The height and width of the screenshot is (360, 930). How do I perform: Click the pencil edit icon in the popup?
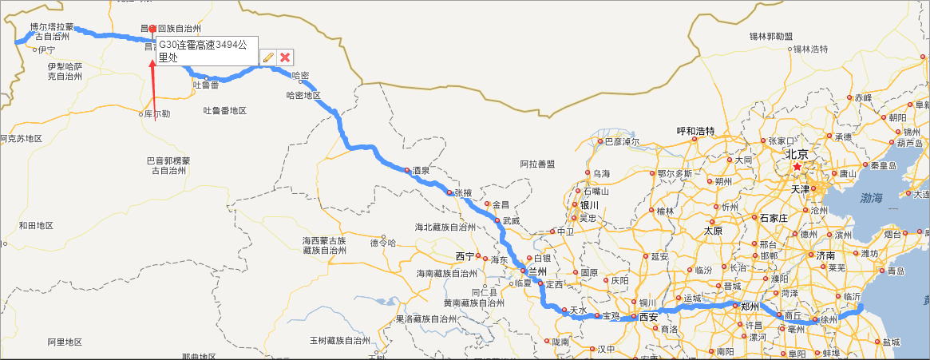pyautogui.click(x=268, y=57)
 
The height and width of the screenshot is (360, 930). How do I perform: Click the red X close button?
pyautogui.click(x=285, y=57)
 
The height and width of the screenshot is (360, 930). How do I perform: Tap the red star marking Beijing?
pyautogui.click(x=797, y=167)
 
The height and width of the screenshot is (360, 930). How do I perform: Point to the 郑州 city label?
pyautogui.click(x=749, y=306)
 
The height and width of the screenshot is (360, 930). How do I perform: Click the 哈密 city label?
pyautogui.click(x=301, y=75)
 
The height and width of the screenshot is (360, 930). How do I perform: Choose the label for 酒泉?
pyautogui.click(x=421, y=170)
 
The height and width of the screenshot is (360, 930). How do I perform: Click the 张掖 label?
pyautogui.click(x=464, y=192)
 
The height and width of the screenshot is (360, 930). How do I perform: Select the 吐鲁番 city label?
pyautogui.click(x=205, y=85)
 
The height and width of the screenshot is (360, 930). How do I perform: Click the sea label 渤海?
pyautogui.click(x=872, y=197)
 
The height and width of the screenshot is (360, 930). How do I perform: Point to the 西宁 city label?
pyautogui.click(x=465, y=256)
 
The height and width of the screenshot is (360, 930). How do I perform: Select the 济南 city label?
pyautogui.click(x=825, y=255)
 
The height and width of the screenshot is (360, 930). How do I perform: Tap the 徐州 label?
pyautogui.click(x=829, y=319)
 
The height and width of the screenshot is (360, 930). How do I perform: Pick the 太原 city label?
pyautogui.click(x=713, y=231)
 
